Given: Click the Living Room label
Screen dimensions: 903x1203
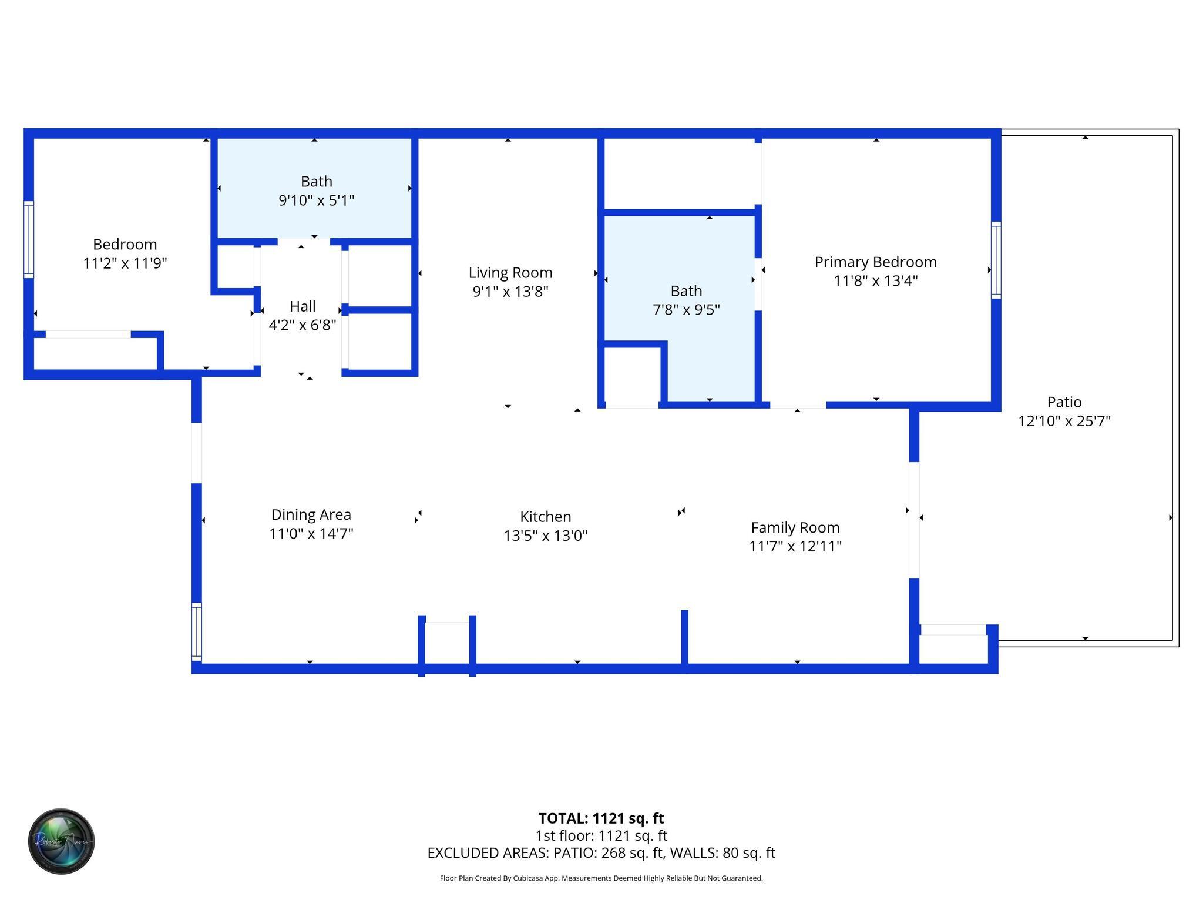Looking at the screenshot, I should [x=510, y=273].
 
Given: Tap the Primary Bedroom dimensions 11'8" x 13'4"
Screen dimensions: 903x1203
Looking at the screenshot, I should [x=875, y=281].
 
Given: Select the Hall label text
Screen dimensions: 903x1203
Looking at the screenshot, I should [x=303, y=306].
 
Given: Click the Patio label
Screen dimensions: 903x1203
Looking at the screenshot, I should [x=1064, y=402].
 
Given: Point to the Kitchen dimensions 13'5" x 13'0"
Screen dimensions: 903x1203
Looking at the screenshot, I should [x=545, y=536].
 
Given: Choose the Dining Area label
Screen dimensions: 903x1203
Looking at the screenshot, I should [x=311, y=514].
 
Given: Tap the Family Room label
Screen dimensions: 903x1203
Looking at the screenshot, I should [x=795, y=527].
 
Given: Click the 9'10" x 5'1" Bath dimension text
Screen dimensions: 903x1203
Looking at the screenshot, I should [x=316, y=200].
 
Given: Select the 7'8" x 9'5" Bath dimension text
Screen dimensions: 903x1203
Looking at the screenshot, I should [x=686, y=310].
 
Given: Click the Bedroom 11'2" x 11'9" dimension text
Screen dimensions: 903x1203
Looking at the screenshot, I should [x=125, y=263].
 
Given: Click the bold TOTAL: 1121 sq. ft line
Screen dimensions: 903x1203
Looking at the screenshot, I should [x=601, y=818].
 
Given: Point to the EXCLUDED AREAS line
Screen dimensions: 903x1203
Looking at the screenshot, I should [x=601, y=853].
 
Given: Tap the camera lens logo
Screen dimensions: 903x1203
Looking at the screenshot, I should [x=62, y=841].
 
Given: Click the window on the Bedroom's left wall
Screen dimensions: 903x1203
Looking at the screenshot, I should [x=28, y=239].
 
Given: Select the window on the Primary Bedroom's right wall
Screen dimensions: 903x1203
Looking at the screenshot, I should [x=996, y=260].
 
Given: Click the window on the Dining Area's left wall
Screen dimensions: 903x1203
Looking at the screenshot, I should [x=197, y=631].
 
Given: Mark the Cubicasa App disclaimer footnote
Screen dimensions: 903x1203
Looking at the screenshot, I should [x=601, y=878].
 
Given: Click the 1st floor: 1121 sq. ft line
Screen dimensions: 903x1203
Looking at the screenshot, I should [x=601, y=835].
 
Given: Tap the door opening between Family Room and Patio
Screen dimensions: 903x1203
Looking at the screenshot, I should [x=914, y=520].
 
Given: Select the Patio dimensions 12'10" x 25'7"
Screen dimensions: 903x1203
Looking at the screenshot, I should [x=1064, y=421].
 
